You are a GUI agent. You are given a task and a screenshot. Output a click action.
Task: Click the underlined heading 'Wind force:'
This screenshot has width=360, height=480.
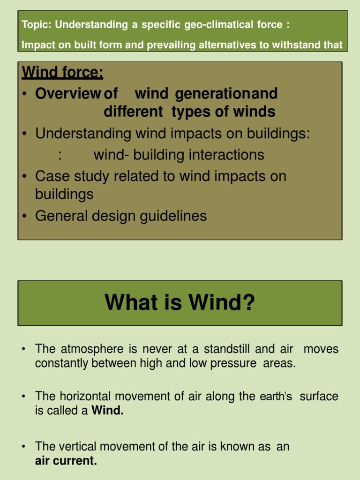tap(62, 73)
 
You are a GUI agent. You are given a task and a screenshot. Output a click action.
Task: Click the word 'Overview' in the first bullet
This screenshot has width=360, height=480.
tap(68, 94)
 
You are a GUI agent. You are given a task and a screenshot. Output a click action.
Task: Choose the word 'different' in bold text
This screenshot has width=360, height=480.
tap(135, 112)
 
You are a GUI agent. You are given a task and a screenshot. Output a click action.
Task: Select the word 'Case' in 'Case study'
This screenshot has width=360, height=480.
tap(51, 176)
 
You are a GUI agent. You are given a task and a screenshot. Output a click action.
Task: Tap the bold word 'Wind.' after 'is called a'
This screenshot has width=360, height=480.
tap(108, 412)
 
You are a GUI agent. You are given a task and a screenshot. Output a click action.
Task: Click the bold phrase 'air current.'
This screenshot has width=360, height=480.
tap(66, 461)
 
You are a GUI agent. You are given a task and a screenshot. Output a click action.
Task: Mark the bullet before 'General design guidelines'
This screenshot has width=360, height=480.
tap(25, 216)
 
